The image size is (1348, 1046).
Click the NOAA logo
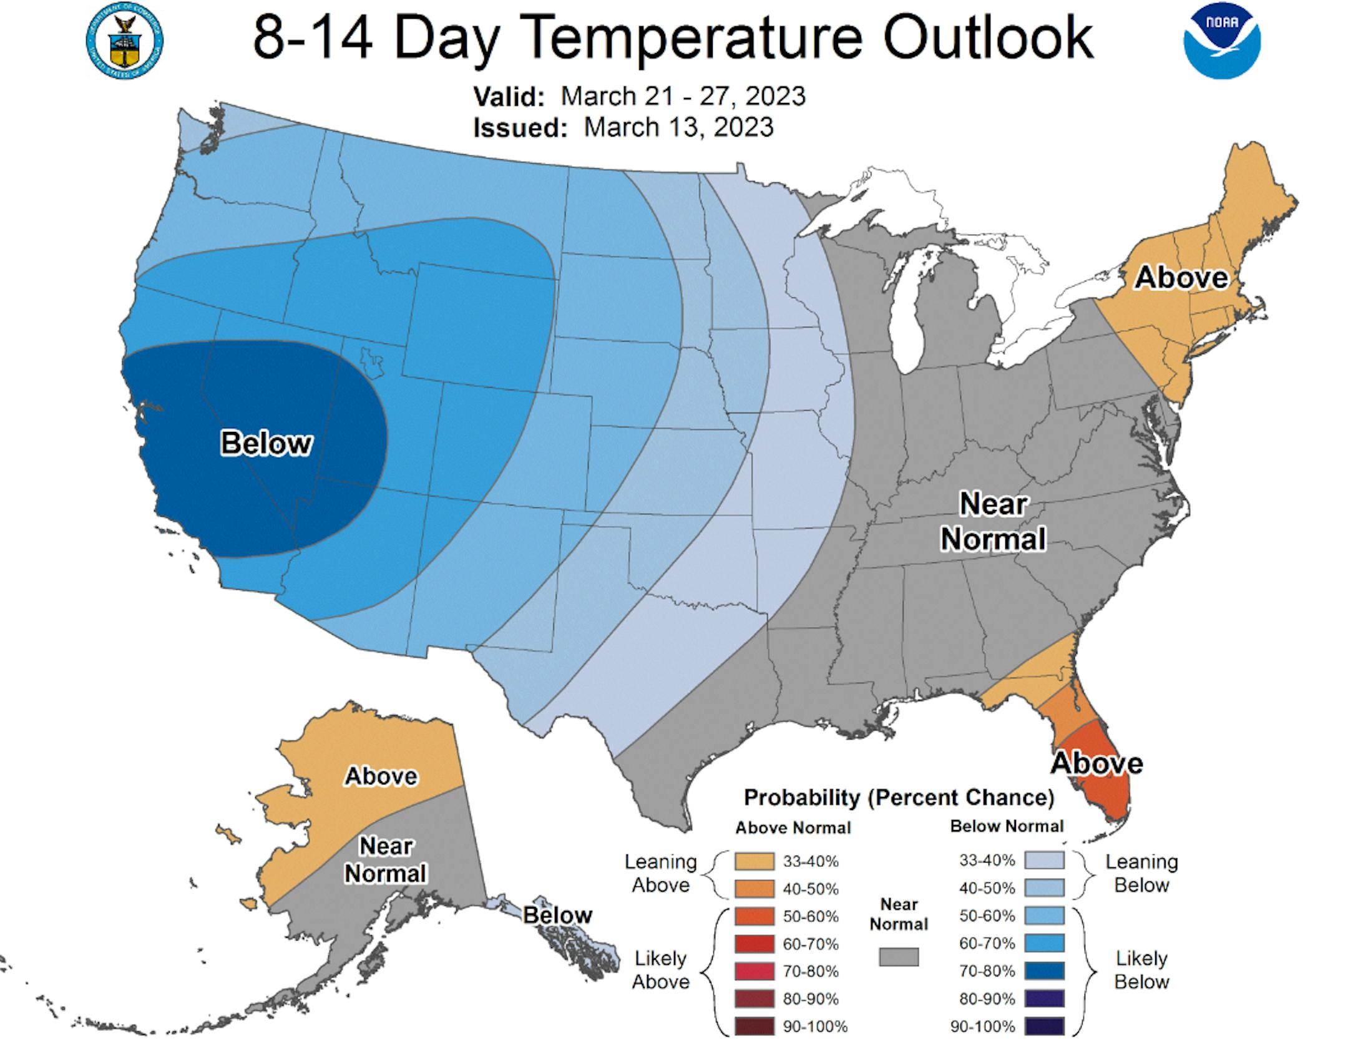pyautogui.click(x=1222, y=41)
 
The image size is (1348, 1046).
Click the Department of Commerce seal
pyautogui.click(x=124, y=41)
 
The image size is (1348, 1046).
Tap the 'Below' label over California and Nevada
pyautogui.click(x=266, y=443)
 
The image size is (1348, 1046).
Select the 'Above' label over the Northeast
pyautogui.click(x=1181, y=277)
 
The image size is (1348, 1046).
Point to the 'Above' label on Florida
pyautogui.click(x=1096, y=763)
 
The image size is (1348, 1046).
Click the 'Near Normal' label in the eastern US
pyautogui.click(x=993, y=521)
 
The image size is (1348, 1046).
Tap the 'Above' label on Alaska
pyautogui.click(x=381, y=776)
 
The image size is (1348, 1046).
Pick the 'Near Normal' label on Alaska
pyautogui.click(x=386, y=859)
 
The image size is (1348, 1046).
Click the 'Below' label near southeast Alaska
pyautogui.click(x=557, y=915)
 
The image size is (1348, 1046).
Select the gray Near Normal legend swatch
pyautogui.click(x=899, y=957)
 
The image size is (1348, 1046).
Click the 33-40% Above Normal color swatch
pyautogui.click(x=754, y=862)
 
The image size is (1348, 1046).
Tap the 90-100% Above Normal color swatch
pyautogui.click(x=754, y=1026)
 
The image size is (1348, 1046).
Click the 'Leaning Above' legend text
pyautogui.click(x=660, y=874)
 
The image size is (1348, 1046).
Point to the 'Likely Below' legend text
pyautogui.click(x=1141, y=970)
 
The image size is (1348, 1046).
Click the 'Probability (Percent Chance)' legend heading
pyautogui.click(x=899, y=798)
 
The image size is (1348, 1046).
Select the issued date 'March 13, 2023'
pyautogui.click(x=678, y=127)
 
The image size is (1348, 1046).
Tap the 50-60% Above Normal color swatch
pyautogui.click(x=754, y=916)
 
